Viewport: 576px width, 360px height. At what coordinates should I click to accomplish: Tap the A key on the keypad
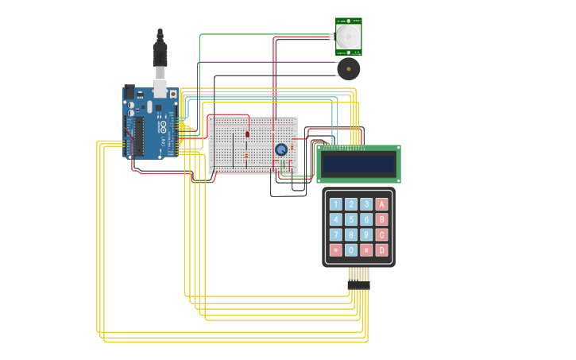click(x=381, y=204)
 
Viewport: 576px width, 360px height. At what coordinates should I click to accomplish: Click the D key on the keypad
click(x=381, y=250)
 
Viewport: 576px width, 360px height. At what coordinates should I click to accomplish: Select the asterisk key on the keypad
click(x=335, y=250)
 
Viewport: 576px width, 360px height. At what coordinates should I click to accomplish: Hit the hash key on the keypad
click(x=366, y=250)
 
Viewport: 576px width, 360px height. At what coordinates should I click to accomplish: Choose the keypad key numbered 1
click(x=335, y=204)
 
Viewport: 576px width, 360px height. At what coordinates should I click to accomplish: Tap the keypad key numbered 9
click(x=366, y=235)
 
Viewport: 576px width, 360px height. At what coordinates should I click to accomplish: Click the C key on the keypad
click(x=381, y=235)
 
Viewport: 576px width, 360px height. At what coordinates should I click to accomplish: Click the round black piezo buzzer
click(x=348, y=69)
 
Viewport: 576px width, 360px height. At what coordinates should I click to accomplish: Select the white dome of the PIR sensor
click(x=348, y=36)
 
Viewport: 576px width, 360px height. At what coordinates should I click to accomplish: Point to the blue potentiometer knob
click(x=281, y=149)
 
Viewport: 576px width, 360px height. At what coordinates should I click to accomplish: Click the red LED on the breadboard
click(x=247, y=134)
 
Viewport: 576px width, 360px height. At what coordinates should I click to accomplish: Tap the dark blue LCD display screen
click(x=358, y=164)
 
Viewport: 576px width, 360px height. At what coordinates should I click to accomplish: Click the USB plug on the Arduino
click(x=160, y=56)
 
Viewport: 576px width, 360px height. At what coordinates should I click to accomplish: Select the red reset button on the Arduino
click(x=173, y=94)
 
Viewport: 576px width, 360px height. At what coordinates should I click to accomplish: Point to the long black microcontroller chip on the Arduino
click(x=139, y=136)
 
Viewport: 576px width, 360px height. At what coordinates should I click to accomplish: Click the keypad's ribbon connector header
click(x=358, y=285)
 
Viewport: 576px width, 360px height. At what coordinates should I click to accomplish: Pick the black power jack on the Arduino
click(x=130, y=91)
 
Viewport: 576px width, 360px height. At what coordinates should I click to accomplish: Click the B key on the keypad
click(x=381, y=219)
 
